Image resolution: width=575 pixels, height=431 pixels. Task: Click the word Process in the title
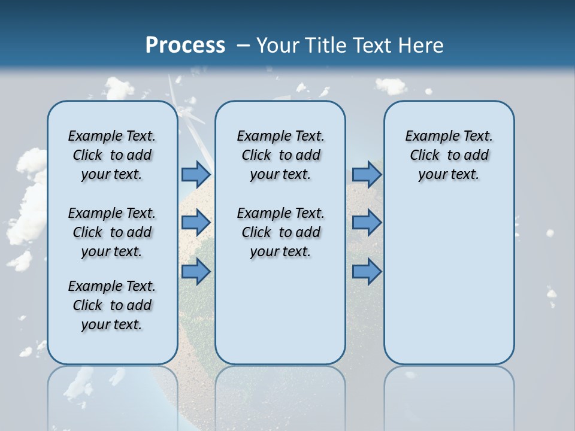pyautogui.click(x=185, y=45)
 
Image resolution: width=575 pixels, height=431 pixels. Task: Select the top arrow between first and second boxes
pyautogui.click(x=196, y=174)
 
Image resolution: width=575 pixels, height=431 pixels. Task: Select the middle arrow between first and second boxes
pyautogui.click(x=196, y=223)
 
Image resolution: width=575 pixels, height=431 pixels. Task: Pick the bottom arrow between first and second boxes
pyautogui.click(x=196, y=272)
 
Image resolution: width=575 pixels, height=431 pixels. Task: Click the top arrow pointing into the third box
pyautogui.click(x=367, y=174)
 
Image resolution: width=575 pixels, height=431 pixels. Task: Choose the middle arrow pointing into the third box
pyautogui.click(x=367, y=223)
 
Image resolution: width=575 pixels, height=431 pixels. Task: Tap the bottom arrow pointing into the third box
pyautogui.click(x=367, y=272)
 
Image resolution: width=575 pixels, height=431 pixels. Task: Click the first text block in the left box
pyautogui.click(x=112, y=155)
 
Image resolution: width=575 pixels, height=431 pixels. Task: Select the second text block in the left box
pyautogui.click(x=112, y=232)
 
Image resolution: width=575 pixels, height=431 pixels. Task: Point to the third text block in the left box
pyautogui.click(x=112, y=305)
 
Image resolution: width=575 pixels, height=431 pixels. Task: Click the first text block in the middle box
pyautogui.click(x=280, y=155)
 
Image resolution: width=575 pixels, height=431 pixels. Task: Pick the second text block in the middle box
pyautogui.click(x=280, y=232)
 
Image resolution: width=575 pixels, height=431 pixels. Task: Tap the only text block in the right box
pyautogui.click(x=449, y=155)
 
